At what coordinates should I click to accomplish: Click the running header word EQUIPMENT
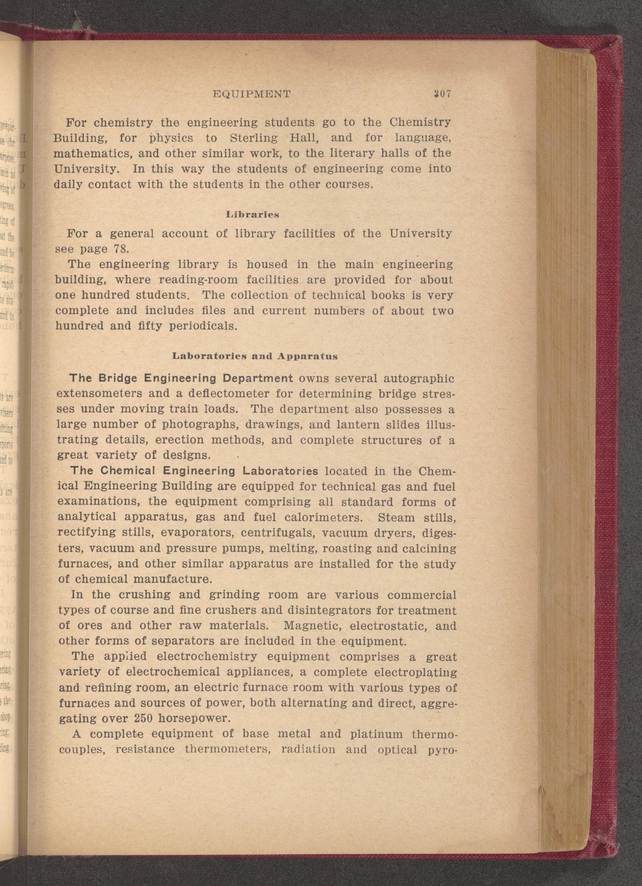tap(252, 94)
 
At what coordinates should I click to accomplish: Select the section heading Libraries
tap(253, 214)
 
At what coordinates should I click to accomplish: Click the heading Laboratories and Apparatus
tap(255, 356)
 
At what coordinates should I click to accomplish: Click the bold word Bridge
tap(118, 378)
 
